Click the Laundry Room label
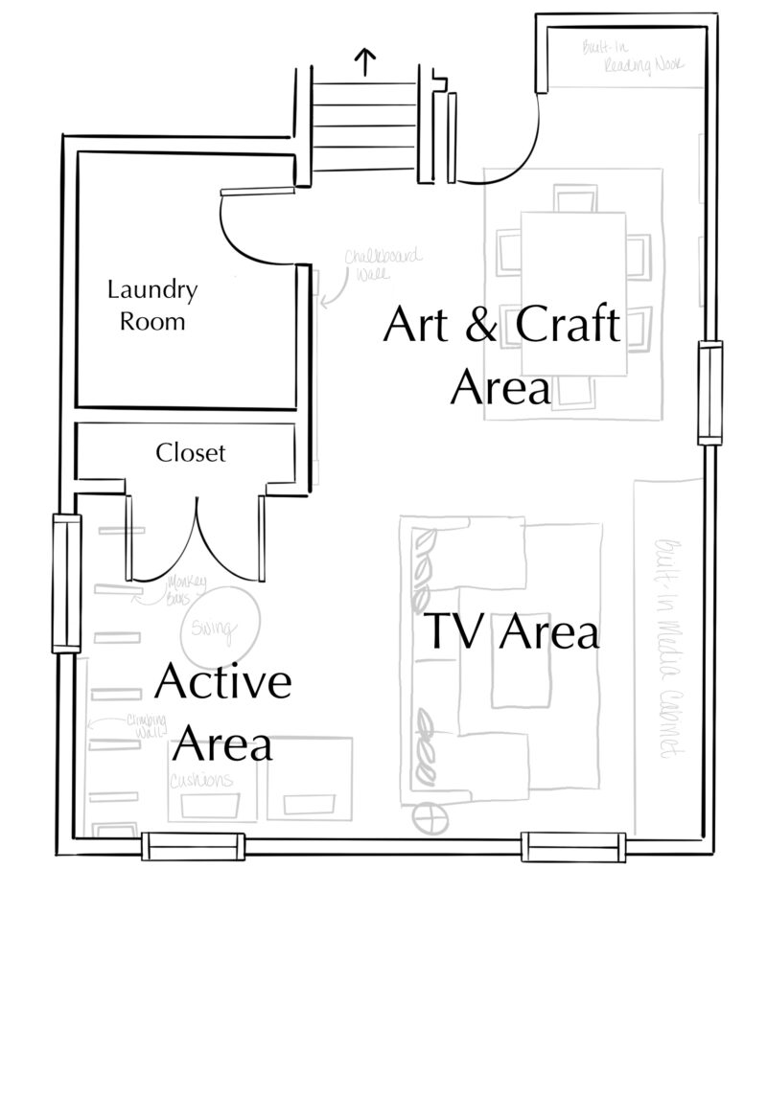point(151,305)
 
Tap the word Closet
point(191,451)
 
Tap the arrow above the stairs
point(365,62)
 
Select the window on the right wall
point(709,393)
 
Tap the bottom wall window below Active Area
point(193,846)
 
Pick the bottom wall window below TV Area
point(573,846)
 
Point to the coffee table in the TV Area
point(522,667)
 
